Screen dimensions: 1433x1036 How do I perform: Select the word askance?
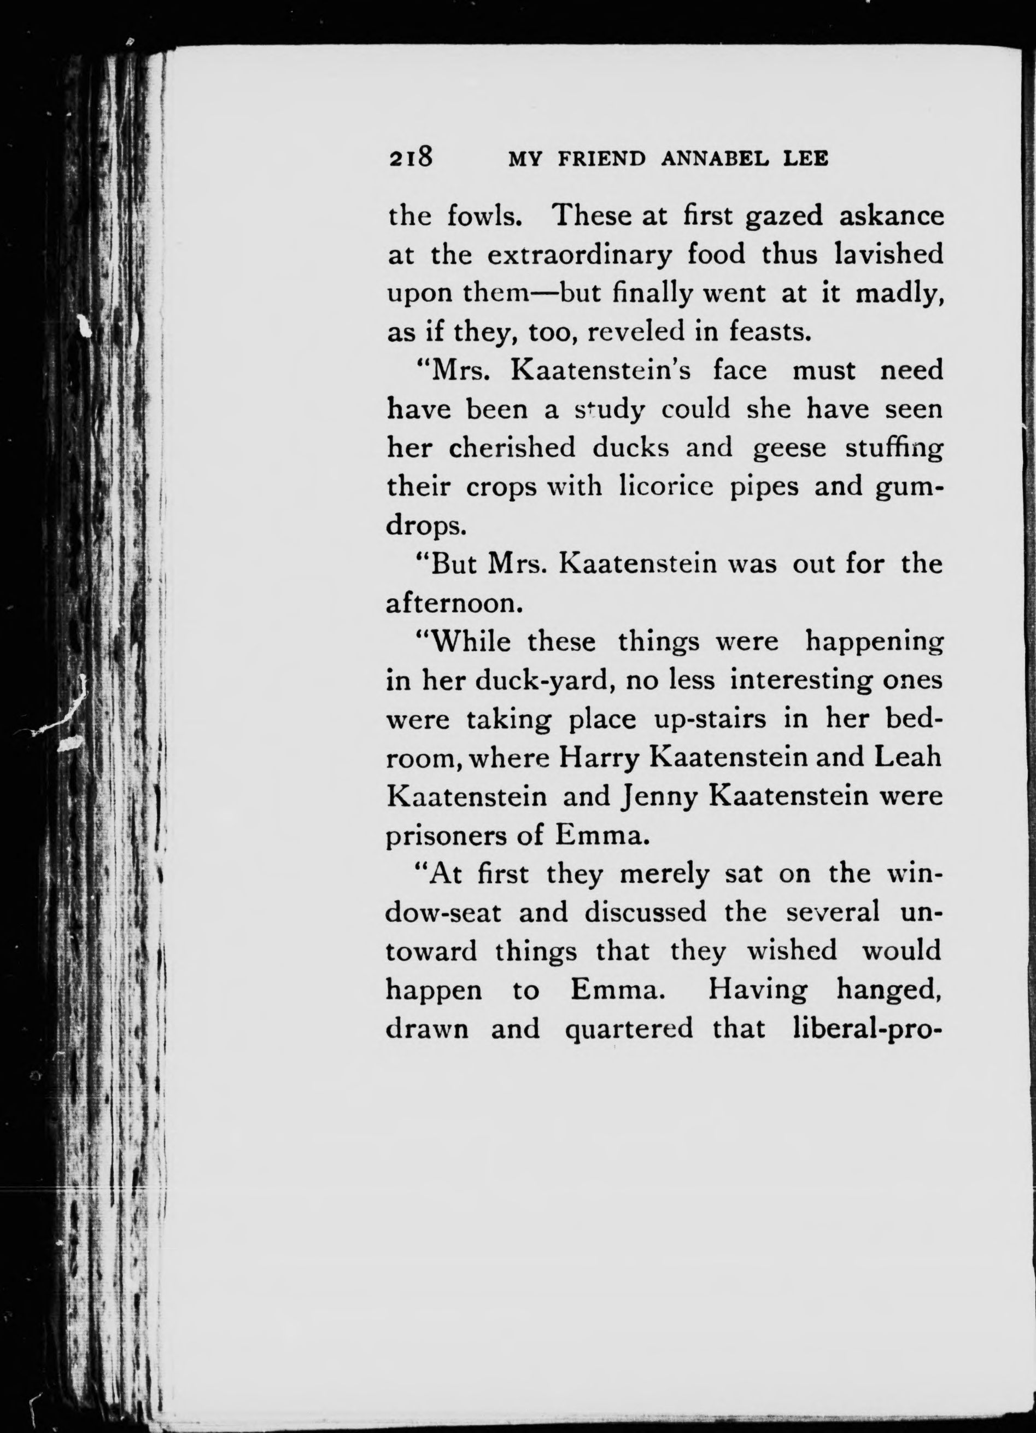(891, 216)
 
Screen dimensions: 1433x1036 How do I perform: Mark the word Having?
(757, 990)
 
